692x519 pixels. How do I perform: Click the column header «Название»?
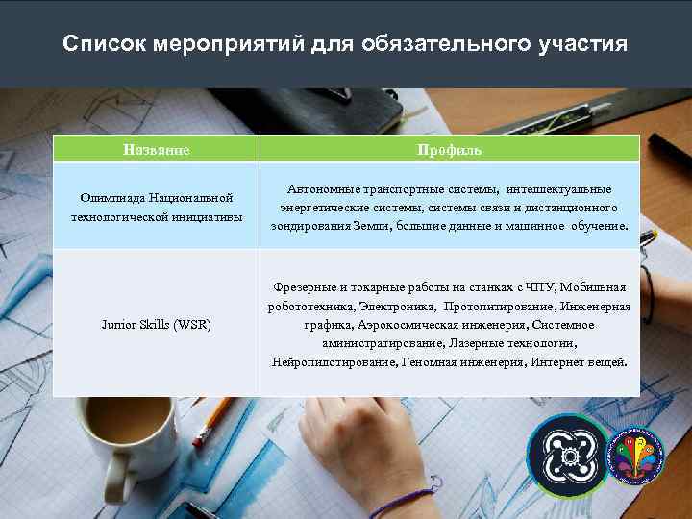point(156,150)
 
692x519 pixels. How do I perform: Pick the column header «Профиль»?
point(449,150)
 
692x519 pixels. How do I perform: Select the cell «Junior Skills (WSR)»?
point(156,324)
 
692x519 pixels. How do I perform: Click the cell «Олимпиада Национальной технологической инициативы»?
point(156,208)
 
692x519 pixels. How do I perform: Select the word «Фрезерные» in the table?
point(304,287)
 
